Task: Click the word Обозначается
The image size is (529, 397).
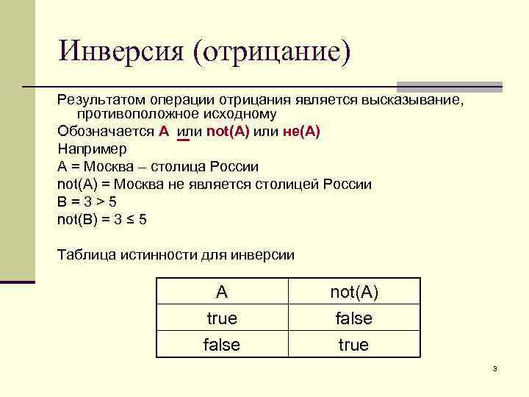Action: (x=105, y=132)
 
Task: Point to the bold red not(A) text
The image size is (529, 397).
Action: (x=228, y=132)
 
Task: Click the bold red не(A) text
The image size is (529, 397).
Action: (x=301, y=132)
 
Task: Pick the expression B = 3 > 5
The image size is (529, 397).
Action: (x=87, y=202)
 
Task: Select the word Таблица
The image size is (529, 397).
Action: (x=84, y=255)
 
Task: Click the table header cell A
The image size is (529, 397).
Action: (x=222, y=292)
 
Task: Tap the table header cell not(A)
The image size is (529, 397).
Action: (x=353, y=292)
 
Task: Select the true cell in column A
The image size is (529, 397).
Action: (x=222, y=318)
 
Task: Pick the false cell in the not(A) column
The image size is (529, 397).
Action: (x=353, y=318)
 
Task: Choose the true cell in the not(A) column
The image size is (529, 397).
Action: (x=353, y=345)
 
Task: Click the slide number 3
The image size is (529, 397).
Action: (x=495, y=368)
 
